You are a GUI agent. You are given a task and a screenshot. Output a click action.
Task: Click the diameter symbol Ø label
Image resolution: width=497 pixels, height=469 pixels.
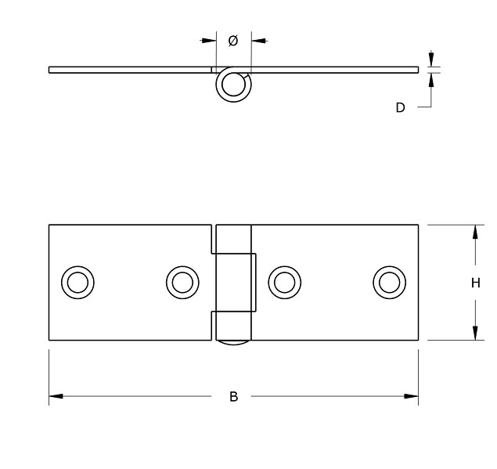pos(233,41)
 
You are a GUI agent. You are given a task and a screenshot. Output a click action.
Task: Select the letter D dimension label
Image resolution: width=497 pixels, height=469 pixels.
pos(400,108)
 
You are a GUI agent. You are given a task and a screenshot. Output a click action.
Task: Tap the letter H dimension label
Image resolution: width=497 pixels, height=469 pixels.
pos(475,283)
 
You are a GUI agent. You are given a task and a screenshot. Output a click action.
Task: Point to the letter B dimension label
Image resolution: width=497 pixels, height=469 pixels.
pos(233,397)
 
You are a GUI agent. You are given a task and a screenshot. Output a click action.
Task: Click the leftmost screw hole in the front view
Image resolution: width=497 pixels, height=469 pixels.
pos(77,281)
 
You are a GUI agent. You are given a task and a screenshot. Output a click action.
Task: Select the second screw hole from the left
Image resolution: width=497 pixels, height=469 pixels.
pos(182,281)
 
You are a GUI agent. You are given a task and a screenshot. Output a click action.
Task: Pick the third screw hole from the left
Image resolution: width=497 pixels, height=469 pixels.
pos(284,281)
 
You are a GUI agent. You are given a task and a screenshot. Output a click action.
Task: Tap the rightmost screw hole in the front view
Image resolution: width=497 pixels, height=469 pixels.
pos(388,281)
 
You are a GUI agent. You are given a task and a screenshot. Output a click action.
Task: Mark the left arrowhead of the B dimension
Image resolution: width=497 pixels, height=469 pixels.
pos(56,397)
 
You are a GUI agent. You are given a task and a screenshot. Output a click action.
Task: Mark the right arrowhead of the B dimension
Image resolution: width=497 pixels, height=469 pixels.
pos(412,397)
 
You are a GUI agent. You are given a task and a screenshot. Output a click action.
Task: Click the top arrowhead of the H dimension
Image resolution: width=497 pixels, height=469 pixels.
pos(475,232)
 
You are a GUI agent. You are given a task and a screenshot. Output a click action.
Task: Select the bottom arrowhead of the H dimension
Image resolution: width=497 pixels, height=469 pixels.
pos(475,334)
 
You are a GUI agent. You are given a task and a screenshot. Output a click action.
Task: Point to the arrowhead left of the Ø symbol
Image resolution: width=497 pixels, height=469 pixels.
pos(208,40)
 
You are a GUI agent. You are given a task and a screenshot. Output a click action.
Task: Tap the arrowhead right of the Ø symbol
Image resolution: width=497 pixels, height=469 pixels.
pos(258,40)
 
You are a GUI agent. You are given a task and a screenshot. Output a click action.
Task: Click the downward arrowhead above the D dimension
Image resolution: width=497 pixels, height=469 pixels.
pos(430,61)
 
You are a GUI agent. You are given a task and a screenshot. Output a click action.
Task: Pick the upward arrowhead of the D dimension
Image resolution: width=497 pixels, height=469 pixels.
pos(430,78)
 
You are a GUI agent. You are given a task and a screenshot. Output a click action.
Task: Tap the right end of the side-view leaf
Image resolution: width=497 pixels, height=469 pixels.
pos(416,69)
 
